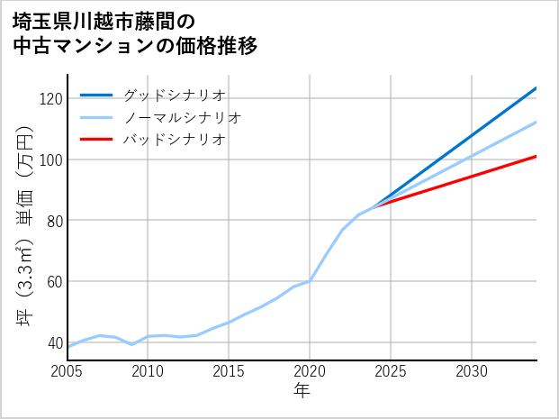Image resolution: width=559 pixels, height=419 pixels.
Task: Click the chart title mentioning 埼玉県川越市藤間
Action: [135, 33]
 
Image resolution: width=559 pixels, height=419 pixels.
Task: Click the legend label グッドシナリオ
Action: [174, 95]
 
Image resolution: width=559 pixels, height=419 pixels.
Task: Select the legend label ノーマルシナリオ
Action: [182, 117]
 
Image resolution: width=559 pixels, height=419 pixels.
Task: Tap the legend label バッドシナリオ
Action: [174, 140]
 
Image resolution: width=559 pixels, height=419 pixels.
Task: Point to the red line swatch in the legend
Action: [96, 140]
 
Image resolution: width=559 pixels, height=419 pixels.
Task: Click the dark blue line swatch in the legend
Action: [96, 95]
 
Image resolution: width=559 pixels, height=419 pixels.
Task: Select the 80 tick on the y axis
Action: [53, 221]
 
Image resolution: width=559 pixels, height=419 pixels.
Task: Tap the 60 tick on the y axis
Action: [53, 281]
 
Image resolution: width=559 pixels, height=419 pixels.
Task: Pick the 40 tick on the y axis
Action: [53, 342]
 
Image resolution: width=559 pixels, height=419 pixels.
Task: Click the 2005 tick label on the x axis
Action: [67, 371]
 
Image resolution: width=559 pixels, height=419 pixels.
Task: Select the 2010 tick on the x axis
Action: [148, 371]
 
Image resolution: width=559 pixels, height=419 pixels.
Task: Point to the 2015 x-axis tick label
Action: [229, 371]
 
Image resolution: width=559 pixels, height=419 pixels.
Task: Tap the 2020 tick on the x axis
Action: [310, 371]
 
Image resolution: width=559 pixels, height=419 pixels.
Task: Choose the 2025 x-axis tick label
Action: [391, 371]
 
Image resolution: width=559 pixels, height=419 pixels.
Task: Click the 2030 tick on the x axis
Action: [472, 371]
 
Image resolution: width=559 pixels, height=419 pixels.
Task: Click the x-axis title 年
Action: [302, 392]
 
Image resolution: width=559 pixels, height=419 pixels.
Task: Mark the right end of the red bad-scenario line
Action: [536, 157]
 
